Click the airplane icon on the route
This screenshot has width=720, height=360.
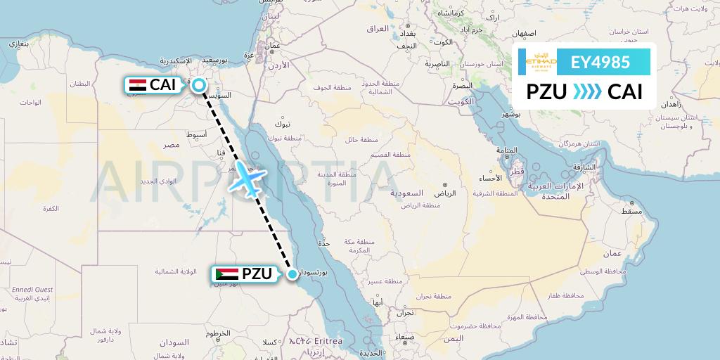(x=247, y=179)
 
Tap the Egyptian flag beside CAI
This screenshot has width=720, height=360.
(x=137, y=85)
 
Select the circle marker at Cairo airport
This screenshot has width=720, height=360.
(x=199, y=85)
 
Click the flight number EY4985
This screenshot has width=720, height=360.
(x=600, y=62)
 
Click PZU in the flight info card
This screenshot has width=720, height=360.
(x=548, y=92)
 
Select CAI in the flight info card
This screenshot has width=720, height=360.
(x=625, y=92)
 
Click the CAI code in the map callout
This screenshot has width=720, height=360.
(x=162, y=85)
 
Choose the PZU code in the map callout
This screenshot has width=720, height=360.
(x=257, y=274)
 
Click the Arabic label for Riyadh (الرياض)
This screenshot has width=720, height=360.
(x=444, y=193)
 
